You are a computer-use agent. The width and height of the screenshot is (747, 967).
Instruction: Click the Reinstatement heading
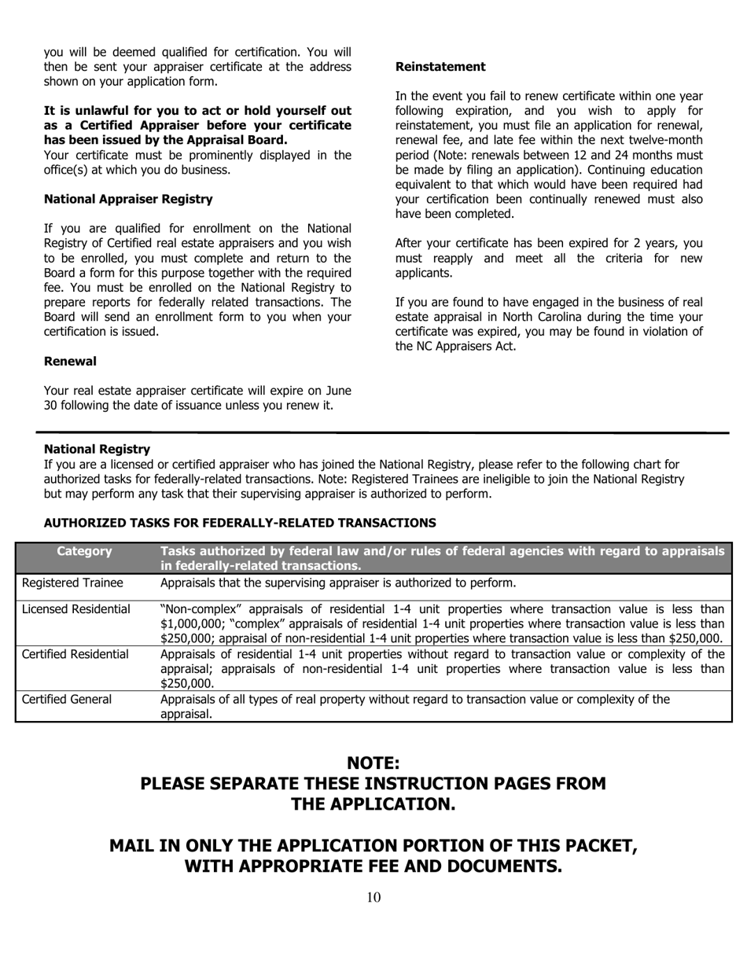tap(440, 67)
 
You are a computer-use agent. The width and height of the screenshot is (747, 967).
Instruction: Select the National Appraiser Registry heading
tap(127, 200)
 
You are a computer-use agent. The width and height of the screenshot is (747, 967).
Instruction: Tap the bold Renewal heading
tap(70, 361)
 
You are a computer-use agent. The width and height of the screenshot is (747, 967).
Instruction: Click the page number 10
tap(373, 898)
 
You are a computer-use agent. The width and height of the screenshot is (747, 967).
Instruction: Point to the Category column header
tap(84, 552)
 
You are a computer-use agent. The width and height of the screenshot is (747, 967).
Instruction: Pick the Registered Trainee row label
tap(72, 583)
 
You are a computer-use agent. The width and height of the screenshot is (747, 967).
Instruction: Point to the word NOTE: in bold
tap(373, 763)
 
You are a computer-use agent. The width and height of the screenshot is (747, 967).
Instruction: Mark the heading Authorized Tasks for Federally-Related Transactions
tap(240, 523)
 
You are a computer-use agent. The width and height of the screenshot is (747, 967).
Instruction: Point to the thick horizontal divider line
tap(382, 432)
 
